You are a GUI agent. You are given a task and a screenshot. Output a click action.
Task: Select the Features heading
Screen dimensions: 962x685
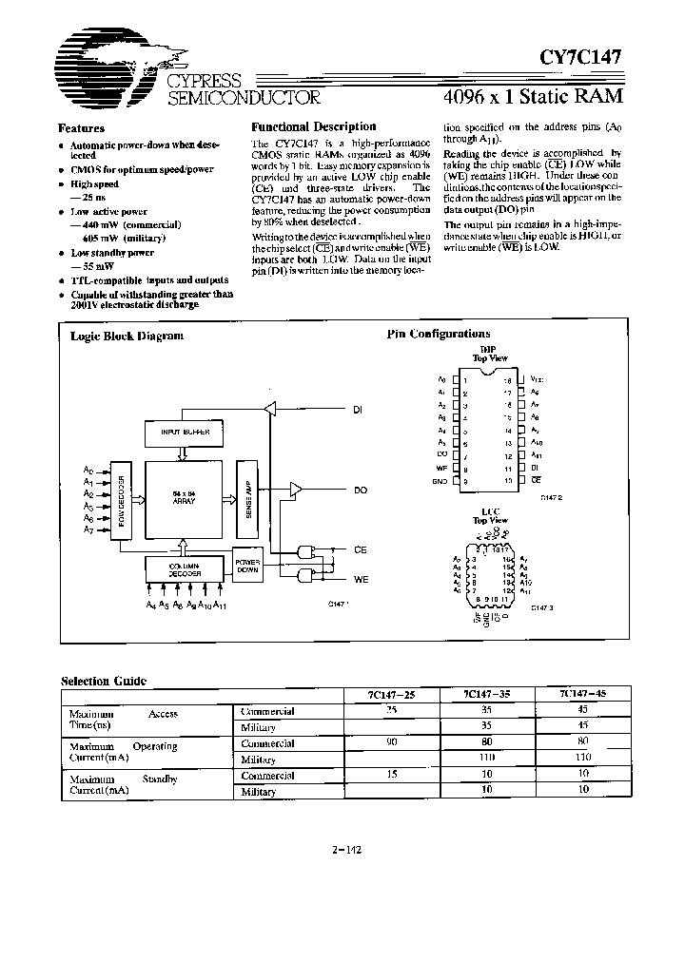[x=82, y=128]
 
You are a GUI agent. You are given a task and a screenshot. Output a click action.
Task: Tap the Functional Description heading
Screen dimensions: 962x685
[x=313, y=126]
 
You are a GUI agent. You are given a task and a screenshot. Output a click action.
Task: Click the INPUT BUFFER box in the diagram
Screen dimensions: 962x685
[x=183, y=433]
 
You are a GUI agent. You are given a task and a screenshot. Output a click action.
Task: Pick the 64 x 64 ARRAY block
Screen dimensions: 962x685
[x=184, y=498]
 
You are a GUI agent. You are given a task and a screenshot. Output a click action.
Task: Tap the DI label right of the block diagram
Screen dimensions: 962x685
[x=358, y=411]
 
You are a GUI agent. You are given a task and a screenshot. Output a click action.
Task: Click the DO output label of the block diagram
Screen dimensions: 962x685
[x=360, y=491]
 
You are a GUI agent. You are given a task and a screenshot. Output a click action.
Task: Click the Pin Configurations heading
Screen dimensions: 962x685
[x=439, y=334]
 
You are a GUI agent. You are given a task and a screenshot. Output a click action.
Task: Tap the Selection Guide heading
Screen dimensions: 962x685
[x=104, y=681]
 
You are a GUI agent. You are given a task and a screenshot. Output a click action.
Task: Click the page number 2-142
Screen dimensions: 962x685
[x=346, y=850]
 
